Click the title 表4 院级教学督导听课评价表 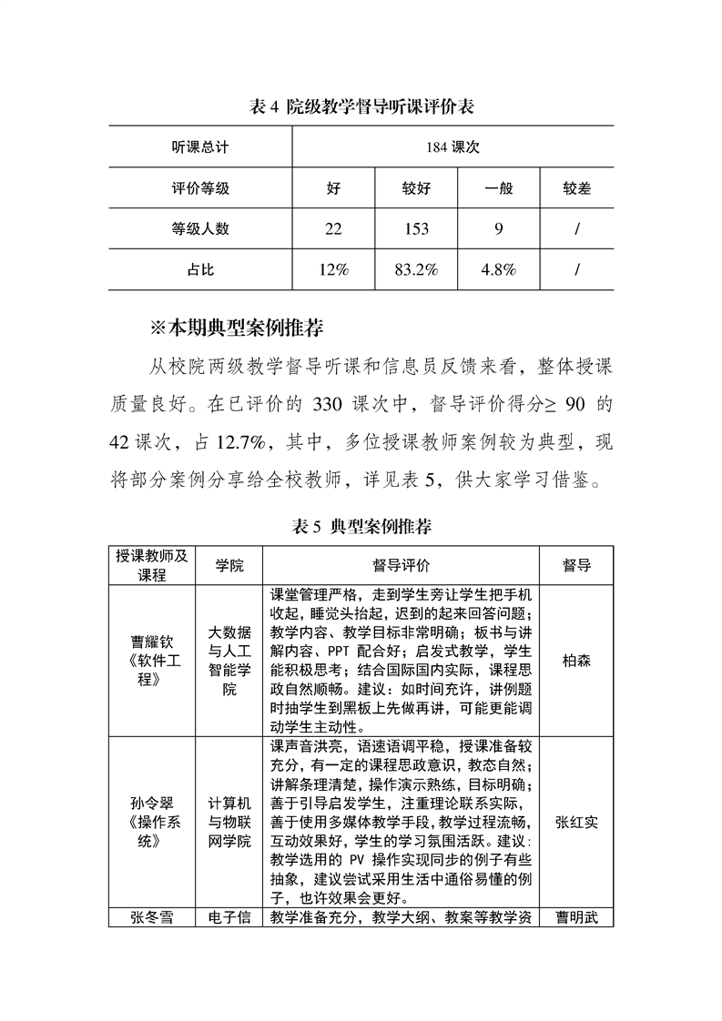pyautogui.click(x=361, y=107)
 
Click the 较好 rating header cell pyautogui.click(x=416, y=188)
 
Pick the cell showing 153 pyautogui.click(x=416, y=229)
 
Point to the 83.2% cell pyautogui.click(x=416, y=269)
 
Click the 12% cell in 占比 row pyautogui.click(x=333, y=269)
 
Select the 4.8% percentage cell pyautogui.click(x=498, y=269)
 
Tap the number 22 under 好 pyautogui.click(x=333, y=229)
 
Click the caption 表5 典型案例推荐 pyautogui.click(x=361, y=526)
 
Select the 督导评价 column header pyautogui.click(x=402, y=565)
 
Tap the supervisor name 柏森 pyautogui.click(x=576, y=661)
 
